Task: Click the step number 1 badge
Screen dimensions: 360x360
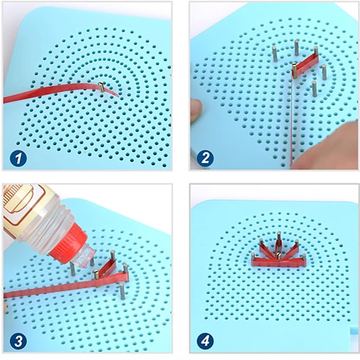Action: point(18,158)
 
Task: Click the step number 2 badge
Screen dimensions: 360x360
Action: point(205,158)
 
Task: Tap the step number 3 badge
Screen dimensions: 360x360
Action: point(18,341)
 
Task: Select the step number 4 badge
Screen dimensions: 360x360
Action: point(205,341)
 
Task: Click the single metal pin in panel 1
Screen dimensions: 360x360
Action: point(102,86)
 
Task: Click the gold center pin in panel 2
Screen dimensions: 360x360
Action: point(294,70)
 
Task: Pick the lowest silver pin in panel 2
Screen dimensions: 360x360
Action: point(314,89)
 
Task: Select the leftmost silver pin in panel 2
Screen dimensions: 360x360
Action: point(275,54)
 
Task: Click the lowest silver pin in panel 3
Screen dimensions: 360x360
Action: point(122,291)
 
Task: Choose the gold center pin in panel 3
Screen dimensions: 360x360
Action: point(96,275)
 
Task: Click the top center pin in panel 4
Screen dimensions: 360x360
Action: point(279,238)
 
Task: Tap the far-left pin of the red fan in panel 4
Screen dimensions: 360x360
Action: point(253,258)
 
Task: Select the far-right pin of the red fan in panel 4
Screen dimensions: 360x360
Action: point(304,259)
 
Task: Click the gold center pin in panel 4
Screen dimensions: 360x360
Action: point(279,256)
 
